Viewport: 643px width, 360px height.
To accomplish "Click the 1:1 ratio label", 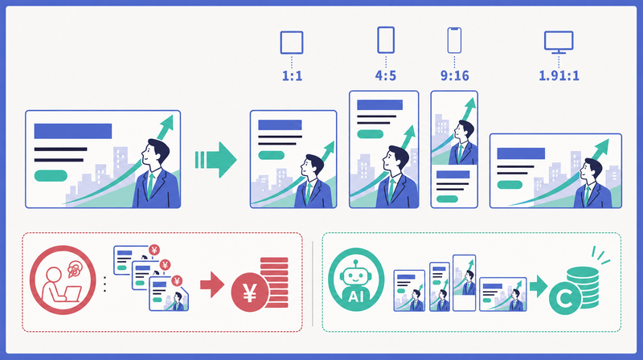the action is click(x=292, y=76).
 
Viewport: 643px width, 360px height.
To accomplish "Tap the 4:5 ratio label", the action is click(x=386, y=76).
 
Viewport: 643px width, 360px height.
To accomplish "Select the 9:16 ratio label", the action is click(x=454, y=76).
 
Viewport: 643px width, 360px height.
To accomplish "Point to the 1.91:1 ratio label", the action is click(x=559, y=76).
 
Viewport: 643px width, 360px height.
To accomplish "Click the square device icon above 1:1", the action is click(x=292, y=43).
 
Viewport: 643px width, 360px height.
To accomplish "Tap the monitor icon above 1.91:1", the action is click(x=559, y=43).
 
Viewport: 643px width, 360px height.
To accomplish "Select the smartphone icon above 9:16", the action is click(x=454, y=40).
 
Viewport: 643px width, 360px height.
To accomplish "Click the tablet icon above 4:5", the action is click(x=386, y=39).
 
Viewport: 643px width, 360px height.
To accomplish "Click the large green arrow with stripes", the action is click(x=215, y=160).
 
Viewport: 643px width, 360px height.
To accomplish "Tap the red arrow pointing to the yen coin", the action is click(x=212, y=284).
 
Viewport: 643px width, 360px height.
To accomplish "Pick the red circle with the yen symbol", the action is click(x=250, y=292).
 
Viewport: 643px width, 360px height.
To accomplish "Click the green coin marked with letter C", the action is click(x=565, y=299).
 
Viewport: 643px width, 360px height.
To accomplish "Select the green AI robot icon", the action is click(x=356, y=280).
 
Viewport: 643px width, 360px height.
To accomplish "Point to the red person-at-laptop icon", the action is click(x=63, y=280).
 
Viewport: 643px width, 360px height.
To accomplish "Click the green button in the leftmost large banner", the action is click(x=51, y=175).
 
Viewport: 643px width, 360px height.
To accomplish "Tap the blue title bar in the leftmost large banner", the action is click(x=73, y=131).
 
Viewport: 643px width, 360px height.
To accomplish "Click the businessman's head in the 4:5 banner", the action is click(x=395, y=157).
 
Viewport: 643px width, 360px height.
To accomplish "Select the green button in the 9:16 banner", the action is click(x=447, y=198).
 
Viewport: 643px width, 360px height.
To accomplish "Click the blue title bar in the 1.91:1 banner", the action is click(x=521, y=153).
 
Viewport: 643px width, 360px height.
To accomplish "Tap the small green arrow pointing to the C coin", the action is click(x=539, y=286).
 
